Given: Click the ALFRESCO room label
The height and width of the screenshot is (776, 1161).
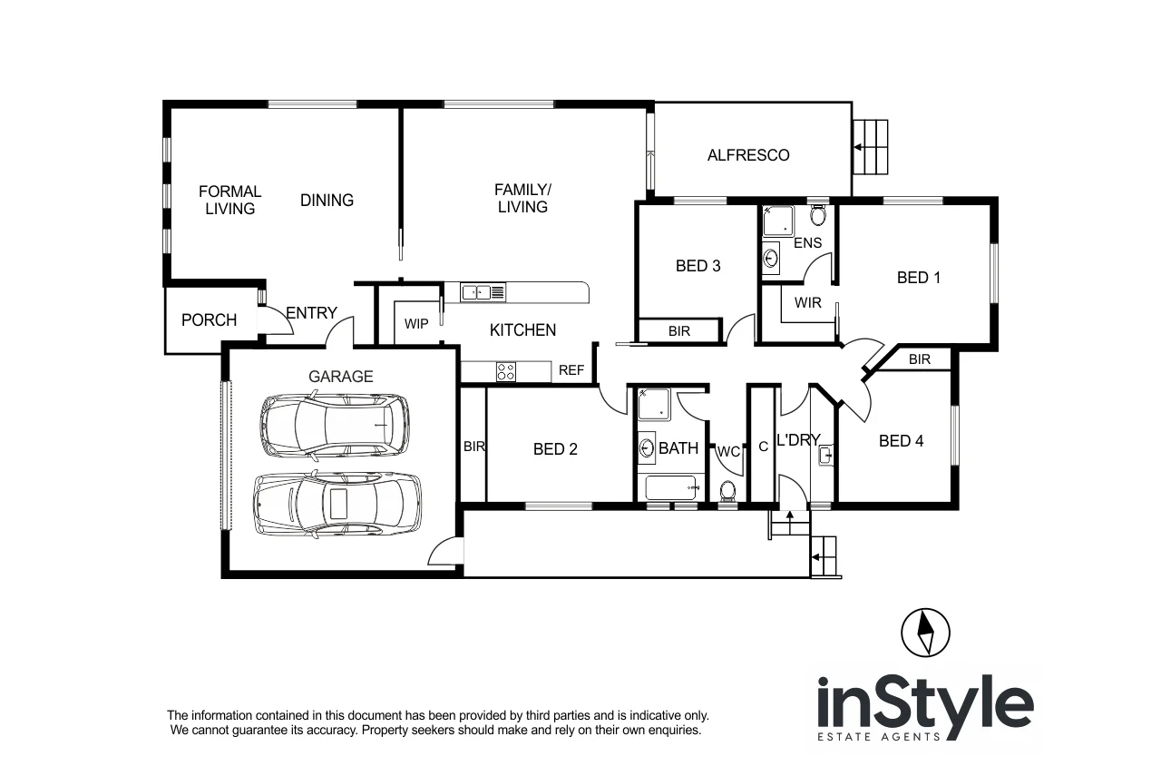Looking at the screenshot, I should (x=748, y=155).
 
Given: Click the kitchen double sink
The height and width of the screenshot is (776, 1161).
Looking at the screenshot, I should (x=483, y=292).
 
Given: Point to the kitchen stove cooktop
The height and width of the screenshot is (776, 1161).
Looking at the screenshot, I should (x=505, y=371).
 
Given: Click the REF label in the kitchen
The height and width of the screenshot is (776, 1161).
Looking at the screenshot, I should (x=571, y=370).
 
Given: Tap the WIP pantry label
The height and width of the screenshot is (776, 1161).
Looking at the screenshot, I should (x=416, y=324).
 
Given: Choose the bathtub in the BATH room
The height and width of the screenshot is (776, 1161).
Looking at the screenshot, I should (x=670, y=489).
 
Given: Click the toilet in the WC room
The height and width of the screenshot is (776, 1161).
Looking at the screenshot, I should (x=727, y=491).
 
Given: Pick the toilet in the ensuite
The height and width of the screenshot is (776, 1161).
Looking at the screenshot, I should (x=817, y=216).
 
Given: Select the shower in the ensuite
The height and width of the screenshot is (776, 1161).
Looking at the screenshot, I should (x=777, y=221).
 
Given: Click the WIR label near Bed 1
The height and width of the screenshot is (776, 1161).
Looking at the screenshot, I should (x=807, y=302).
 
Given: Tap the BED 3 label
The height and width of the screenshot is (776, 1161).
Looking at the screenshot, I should (x=698, y=266).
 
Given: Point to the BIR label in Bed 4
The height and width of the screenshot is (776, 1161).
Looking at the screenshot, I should (x=919, y=359).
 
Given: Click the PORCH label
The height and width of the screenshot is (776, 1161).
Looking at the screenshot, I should (x=209, y=320).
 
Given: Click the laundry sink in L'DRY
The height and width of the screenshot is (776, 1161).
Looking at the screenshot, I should (x=824, y=454).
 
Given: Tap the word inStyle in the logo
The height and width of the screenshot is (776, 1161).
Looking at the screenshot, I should (x=925, y=703).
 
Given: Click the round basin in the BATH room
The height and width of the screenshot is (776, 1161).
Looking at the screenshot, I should (x=648, y=447).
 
